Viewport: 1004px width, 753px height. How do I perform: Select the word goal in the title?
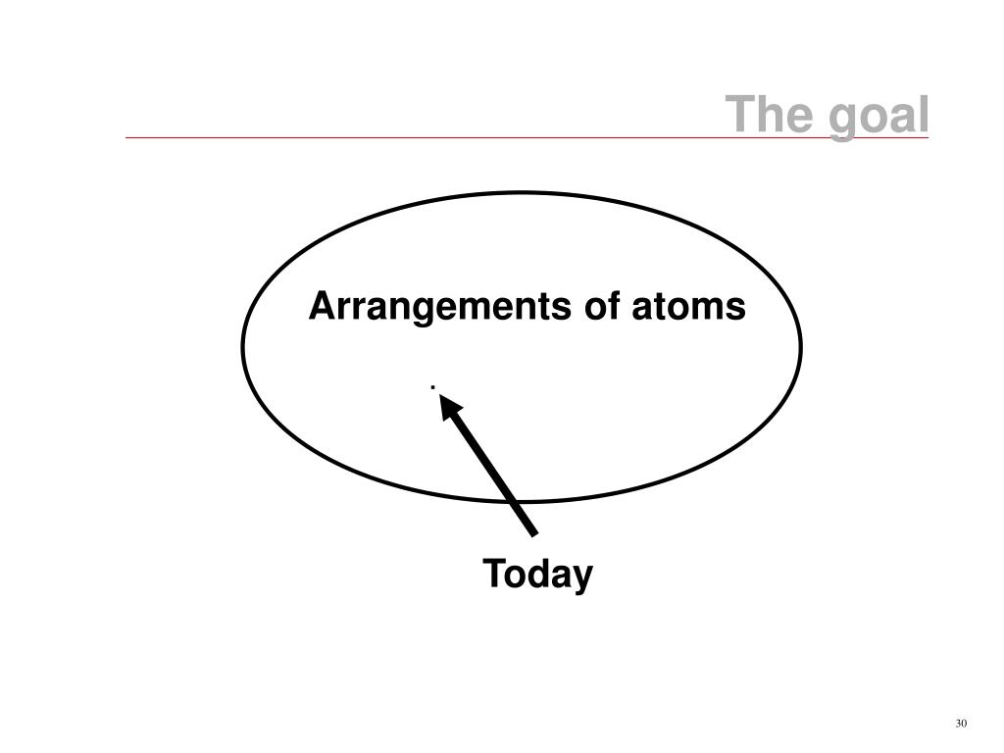click(x=878, y=117)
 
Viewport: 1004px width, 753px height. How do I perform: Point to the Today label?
click(x=537, y=575)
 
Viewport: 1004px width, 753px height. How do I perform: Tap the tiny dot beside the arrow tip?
click(x=432, y=387)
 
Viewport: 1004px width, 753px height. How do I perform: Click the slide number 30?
click(x=960, y=724)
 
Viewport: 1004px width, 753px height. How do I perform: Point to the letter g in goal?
click(x=841, y=119)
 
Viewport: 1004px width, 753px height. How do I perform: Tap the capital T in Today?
click(x=492, y=574)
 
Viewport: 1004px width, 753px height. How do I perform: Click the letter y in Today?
click(x=583, y=577)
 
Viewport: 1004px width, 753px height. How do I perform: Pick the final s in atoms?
click(x=737, y=309)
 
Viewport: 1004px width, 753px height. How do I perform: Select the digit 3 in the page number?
click(x=957, y=724)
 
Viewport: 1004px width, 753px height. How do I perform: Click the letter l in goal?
click(x=923, y=115)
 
